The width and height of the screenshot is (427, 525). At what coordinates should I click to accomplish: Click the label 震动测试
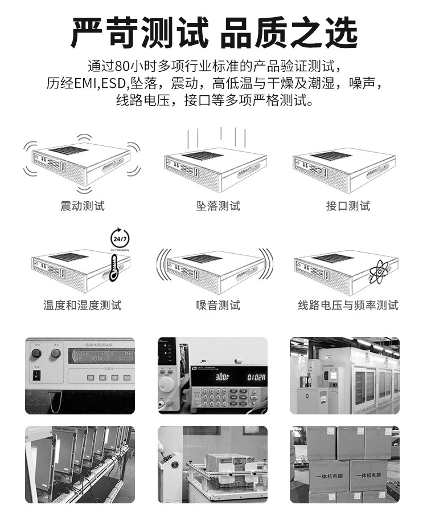[x=83, y=206]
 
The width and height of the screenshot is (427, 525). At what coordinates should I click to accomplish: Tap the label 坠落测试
[x=218, y=206]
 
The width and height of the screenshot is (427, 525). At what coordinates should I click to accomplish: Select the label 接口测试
[x=348, y=206]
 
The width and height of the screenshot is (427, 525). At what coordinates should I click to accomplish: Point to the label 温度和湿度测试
[x=83, y=306]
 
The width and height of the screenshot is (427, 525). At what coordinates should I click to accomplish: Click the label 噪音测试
[x=218, y=306]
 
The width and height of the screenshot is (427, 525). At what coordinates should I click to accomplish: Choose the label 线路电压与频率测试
[x=348, y=306]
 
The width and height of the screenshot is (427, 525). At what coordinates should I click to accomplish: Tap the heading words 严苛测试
[x=139, y=33]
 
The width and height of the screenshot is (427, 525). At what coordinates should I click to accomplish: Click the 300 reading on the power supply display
[x=223, y=378]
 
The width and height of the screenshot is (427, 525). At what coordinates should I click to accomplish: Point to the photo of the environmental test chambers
[x=344, y=376]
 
